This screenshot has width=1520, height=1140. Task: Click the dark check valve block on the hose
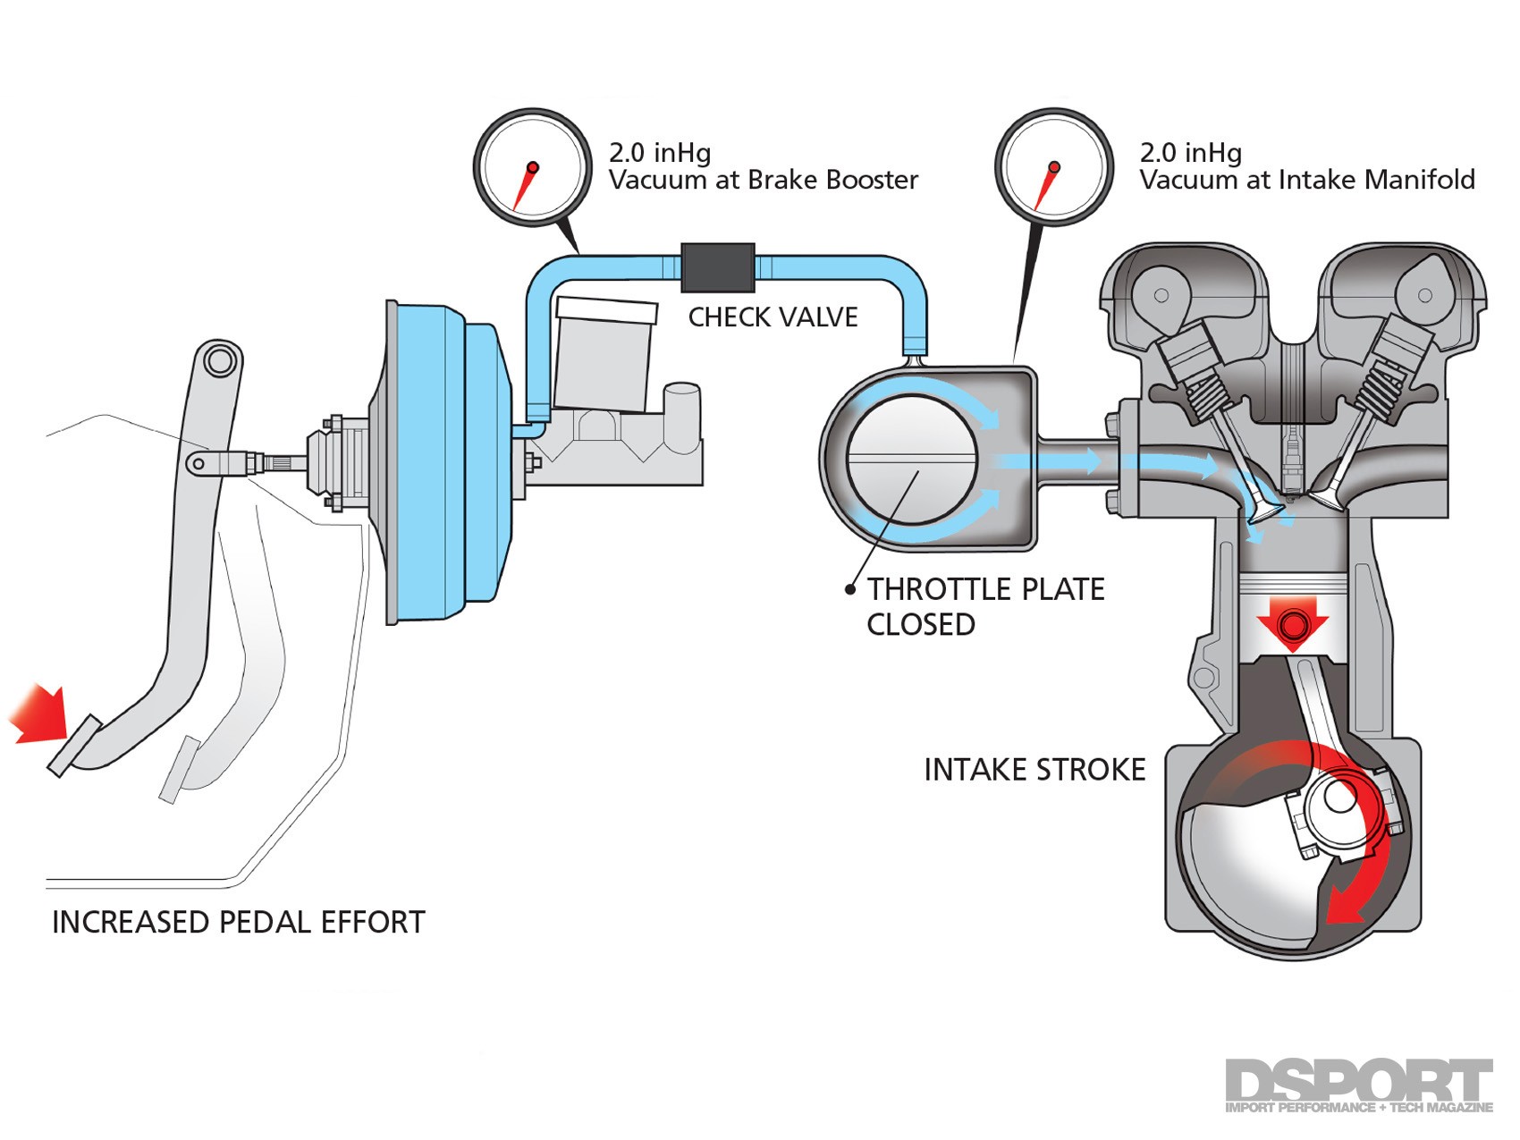point(718,266)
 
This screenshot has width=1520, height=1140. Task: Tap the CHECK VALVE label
point(773,317)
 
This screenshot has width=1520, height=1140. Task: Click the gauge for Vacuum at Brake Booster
point(532,167)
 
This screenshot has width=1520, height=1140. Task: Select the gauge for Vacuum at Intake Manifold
point(1054,167)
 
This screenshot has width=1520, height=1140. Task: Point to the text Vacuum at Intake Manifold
point(1306,180)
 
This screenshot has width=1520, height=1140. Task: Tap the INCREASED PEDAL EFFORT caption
point(238,922)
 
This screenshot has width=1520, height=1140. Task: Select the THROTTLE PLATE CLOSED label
point(984,606)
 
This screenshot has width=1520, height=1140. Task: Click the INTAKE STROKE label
point(1034,770)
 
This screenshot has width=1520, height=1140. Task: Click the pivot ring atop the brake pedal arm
point(218,360)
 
